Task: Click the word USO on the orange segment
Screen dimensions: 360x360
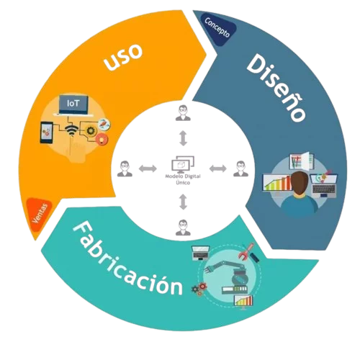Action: pos(123,57)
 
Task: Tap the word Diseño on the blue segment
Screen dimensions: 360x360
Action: pos(276,87)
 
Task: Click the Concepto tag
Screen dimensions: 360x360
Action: pos(217,27)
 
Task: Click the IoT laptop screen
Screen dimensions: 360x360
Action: pos(73,104)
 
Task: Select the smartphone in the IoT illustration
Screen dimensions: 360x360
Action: pos(47,132)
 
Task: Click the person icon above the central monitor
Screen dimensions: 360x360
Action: pos(183,113)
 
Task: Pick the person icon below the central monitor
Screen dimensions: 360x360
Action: pos(183,228)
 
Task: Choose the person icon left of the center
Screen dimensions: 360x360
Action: pos(125,168)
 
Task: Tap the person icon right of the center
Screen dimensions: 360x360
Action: pos(240,168)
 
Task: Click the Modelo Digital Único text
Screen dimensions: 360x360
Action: pos(183,179)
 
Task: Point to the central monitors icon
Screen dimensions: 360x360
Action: pos(183,164)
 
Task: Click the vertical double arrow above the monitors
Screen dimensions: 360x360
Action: pos(183,138)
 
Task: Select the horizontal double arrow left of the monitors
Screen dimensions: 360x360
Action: pos(148,168)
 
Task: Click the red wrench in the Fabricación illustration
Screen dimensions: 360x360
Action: pos(246,252)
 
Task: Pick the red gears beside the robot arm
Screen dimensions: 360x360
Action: pos(199,289)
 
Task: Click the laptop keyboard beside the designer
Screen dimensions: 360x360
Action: pos(324,188)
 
